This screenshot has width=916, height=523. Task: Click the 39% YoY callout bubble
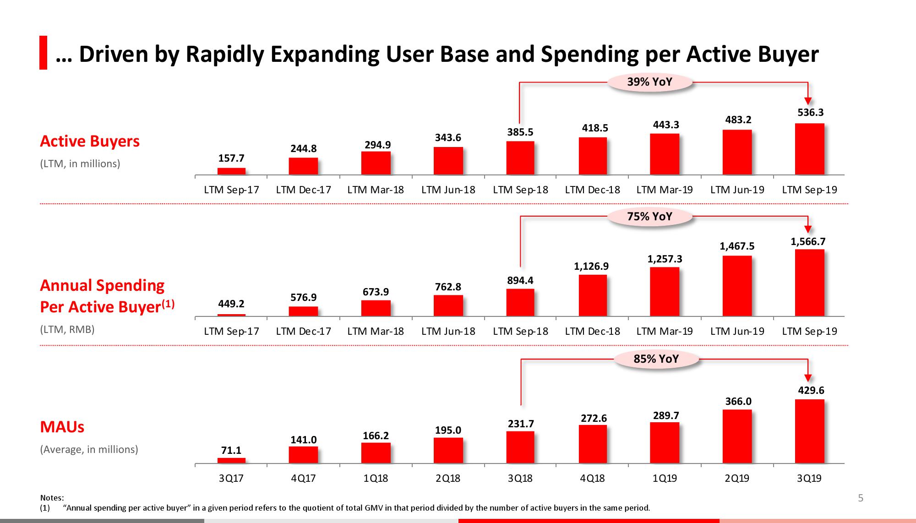tap(649, 82)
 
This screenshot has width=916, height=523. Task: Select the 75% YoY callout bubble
tap(649, 216)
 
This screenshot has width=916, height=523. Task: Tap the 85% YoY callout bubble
tap(656, 359)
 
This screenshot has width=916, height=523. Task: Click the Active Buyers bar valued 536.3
tap(809, 149)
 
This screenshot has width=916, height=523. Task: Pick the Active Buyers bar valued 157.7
tap(231, 171)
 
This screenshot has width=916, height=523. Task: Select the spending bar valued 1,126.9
tap(593, 295)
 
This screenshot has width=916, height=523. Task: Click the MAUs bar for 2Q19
tap(737, 436)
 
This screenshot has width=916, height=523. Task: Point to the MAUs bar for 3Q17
tap(231, 461)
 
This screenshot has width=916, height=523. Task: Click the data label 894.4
tap(520, 280)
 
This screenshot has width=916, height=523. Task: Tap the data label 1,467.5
tap(737, 246)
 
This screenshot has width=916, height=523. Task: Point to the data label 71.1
tap(231, 451)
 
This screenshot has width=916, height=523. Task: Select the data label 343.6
tap(448, 138)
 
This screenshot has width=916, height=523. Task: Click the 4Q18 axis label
tap(592, 479)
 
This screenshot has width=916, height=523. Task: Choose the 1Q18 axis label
tap(376, 479)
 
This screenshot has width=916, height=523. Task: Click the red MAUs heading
tap(62, 427)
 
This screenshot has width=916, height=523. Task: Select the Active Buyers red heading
tap(90, 141)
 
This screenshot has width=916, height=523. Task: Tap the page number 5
tap(860, 498)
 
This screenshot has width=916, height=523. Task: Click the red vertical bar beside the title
tap(43, 53)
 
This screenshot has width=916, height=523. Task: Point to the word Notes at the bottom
tap(52, 498)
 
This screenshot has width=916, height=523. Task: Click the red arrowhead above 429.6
tap(808, 378)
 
